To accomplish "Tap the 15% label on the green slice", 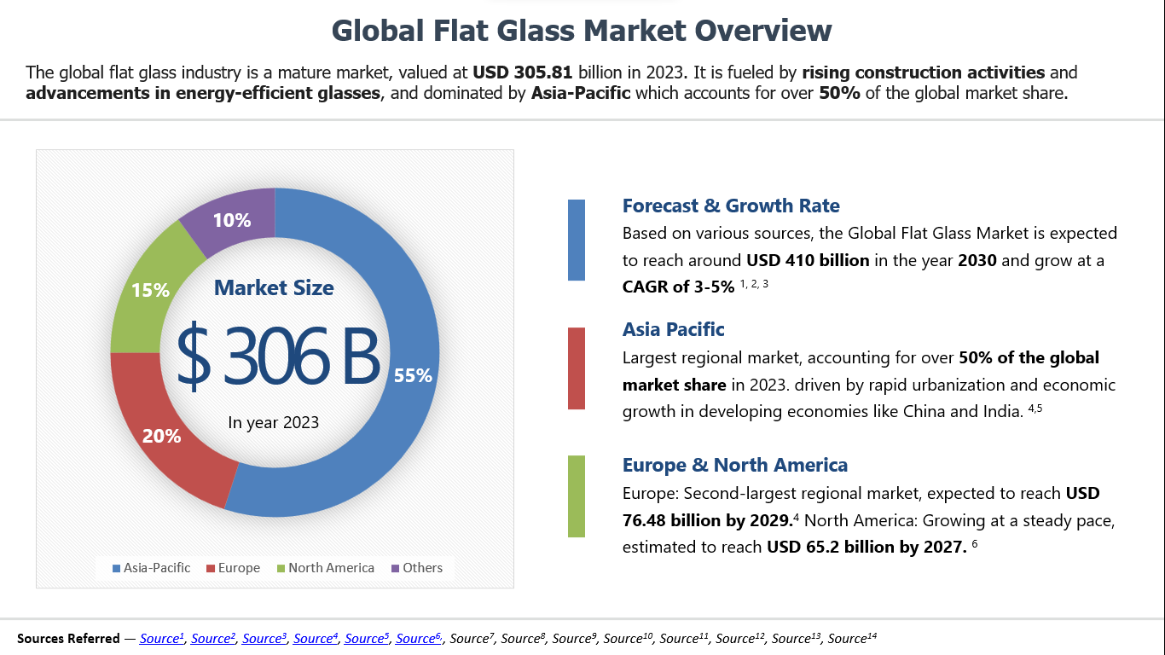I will tap(150, 290).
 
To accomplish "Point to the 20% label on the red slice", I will tap(162, 436).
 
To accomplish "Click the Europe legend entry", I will tap(233, 568).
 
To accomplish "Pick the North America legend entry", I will tap(326, 568).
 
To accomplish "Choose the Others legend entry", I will tap(417, 568).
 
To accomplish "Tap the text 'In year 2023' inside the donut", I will tap(274, 422).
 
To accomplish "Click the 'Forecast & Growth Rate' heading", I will tap(731, 206).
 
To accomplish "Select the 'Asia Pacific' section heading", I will tap(674, 329).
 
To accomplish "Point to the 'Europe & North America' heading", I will tap(735, 465).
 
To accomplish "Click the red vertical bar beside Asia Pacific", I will tap(577, 368).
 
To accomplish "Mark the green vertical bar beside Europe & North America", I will tap(577, 496).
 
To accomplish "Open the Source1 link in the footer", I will tap(162, 638).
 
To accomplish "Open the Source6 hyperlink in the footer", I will tap(419, 638).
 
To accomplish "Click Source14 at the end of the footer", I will tap(851, 638).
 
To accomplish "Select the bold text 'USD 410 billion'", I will tap(808, 260).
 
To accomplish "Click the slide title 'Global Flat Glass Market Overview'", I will tap(582, 31).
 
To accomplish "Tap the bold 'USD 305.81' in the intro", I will tap(522, 72).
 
